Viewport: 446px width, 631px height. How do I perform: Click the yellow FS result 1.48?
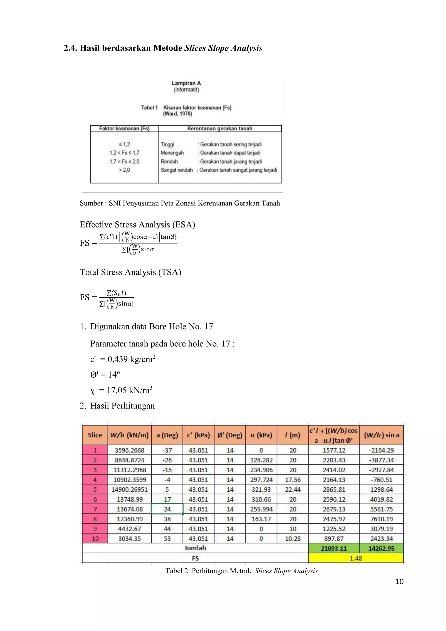pyautogui.click(x=356, y=558)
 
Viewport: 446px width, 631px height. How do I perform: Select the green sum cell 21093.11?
pyautogui.click(x=334, y=548)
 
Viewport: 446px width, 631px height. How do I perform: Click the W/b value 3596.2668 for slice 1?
pyautogui.click(x=129, y=450)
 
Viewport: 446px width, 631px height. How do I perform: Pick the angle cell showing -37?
pyautogui.click(x=167, y=450)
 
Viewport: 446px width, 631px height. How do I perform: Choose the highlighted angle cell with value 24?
pyautogui.click(x=167, y=509)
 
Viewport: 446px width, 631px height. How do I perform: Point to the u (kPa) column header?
pyautogui.click(x=261, y=435)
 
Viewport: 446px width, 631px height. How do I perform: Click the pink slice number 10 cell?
pyautogui.click(x=95, y=538)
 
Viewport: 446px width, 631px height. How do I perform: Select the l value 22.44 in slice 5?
pyautogui.click(x=293, y=489)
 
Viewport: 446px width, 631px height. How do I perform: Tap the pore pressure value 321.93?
pyautogui.click(x=261, y=489)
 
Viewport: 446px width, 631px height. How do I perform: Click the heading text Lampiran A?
pyautogui.click(x=186, y=83)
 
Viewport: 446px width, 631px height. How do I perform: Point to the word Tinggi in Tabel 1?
pyautogui.click(x=167, y=144)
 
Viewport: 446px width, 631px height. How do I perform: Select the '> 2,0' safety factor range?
pyautogui.click(x=124, y=170)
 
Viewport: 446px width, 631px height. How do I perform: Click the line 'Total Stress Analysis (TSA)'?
pyautogui.click(x=130, y=272)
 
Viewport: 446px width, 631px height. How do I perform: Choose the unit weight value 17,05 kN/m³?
pyautogui.click(x=129, y=390)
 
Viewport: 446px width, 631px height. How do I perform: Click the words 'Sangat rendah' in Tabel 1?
pyautogui.click(x=177, y=170)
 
